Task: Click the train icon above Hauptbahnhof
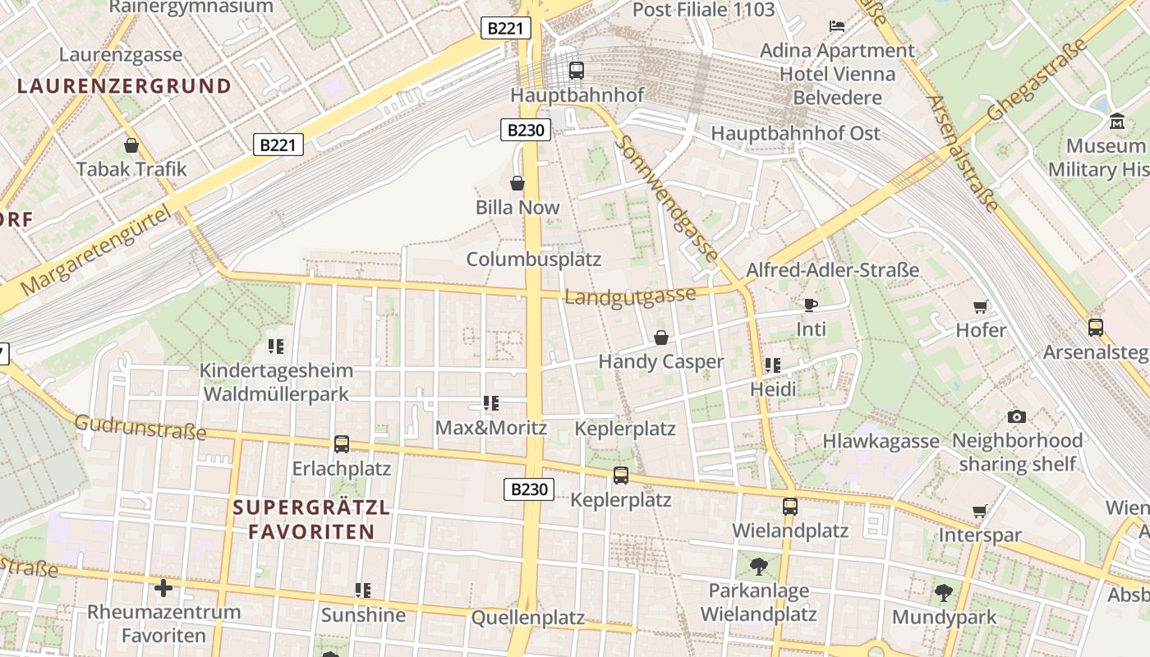[x=577, y=71]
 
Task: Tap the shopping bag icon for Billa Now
[x=517, y=182]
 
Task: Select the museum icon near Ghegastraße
[x=1116, y=122]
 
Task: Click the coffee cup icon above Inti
[x=811, y=305]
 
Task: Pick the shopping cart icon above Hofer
[x=980, y=306]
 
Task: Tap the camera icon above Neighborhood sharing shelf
[x=1017, y=416]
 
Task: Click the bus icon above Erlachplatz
[x=342, y=444]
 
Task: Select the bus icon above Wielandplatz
[x=790, y=506]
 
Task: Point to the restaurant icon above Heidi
[x=773, y=365]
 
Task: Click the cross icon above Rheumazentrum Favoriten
[x=163, y=588]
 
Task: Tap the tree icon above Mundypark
[x=944, y=592]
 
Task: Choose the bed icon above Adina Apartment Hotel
[x=837, y=26]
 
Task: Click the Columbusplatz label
[x=534, y=260]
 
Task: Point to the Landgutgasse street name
[x=630, y=296]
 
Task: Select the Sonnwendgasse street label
[x=666, y=199]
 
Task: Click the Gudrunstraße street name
[x=140, y=427]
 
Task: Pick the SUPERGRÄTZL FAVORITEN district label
[x=311, y=519]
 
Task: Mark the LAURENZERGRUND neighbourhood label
[x=124, y=85]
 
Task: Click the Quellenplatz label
[x=528, y=618]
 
